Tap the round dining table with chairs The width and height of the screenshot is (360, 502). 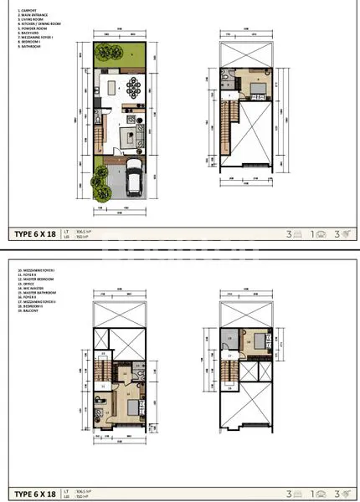coord(134,86)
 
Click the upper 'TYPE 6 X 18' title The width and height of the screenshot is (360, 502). coord(34,235)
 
